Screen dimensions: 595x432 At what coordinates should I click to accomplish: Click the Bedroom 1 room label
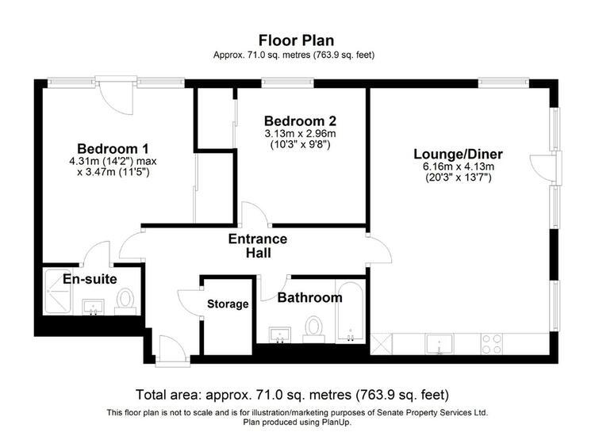click(113, 149)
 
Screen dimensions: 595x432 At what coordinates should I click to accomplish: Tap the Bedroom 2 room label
click(300, 121)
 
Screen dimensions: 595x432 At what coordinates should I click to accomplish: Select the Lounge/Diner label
click(458, 155)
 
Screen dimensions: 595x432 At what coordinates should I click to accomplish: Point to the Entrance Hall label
click(258, 246)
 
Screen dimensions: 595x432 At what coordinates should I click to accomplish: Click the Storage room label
click(228, 304)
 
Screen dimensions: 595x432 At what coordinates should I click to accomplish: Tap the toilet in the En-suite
click(125, 301)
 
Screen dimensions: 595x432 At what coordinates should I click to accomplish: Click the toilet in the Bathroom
click(314, 329)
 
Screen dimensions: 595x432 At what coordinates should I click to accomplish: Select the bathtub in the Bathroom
click(350, 312)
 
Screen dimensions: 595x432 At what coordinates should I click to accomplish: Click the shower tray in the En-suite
click(58, 292)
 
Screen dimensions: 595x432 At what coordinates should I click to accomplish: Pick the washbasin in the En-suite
click(93, 307)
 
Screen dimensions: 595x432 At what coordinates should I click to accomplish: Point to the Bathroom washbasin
click(280, 335)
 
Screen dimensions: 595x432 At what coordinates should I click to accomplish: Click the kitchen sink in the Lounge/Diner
click(439, 344)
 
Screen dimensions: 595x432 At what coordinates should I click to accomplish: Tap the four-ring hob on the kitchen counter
click(492, 344)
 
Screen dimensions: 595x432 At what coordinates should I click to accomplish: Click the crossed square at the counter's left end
click(381, 344)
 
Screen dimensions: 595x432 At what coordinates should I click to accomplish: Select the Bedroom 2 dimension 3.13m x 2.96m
click(300, 134)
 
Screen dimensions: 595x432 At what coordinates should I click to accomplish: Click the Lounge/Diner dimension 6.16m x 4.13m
click(459, 166)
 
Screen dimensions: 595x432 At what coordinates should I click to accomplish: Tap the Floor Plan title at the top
click(297, 40)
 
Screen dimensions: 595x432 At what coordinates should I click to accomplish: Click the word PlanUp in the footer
click(336, 422)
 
